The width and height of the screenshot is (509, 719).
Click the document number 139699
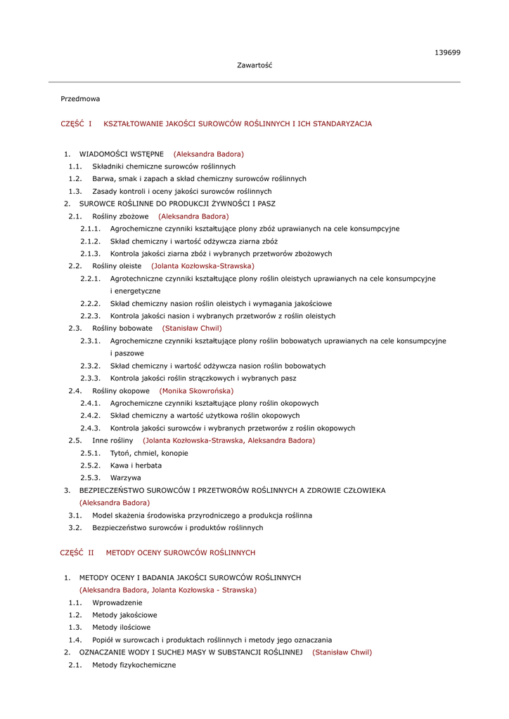447,53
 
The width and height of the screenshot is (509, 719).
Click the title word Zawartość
254,65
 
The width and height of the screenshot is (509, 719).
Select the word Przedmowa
80,99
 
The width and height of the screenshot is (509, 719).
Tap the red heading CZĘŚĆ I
77,124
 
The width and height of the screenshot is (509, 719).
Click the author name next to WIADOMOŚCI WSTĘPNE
209,154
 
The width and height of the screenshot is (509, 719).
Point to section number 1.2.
75,178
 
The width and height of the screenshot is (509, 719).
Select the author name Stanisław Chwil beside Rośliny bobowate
192,328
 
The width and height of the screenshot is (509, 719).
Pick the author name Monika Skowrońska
196,390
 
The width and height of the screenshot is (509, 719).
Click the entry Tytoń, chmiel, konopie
149,453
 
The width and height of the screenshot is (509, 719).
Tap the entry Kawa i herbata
136,465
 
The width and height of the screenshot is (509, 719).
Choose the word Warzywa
126,477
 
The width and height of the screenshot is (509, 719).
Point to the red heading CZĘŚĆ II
77,553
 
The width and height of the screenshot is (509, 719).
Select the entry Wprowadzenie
117,602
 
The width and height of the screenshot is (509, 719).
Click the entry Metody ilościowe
121,627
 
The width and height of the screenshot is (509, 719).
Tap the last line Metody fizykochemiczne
134,664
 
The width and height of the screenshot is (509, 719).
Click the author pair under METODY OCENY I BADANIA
167,590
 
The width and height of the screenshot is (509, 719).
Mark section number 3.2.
75,527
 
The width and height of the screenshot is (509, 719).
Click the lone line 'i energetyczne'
135,291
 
